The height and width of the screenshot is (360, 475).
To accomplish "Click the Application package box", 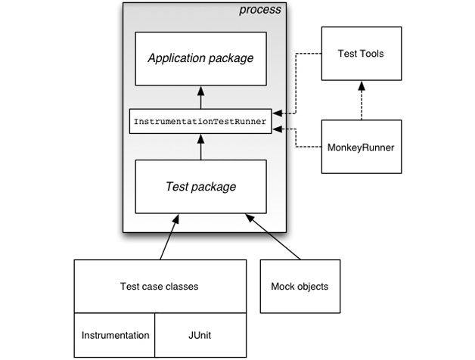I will (200, 58).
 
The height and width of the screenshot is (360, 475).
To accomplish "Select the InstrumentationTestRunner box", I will (200, 122).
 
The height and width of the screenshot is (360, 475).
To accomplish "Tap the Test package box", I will (200, 186).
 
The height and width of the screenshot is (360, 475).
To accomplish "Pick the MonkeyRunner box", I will (359, 146).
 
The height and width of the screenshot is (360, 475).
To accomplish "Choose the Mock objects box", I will (300, 286).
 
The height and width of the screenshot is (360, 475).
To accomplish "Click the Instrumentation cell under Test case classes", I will (114, 335).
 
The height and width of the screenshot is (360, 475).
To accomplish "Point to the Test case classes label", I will (159, 286).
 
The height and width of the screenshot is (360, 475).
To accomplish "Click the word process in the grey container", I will (259, 10).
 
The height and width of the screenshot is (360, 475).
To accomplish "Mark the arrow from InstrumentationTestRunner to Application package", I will (200, 98).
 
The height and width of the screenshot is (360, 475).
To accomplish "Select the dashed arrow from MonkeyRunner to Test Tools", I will (359, 99).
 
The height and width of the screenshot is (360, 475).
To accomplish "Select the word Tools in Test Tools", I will (371, 53).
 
